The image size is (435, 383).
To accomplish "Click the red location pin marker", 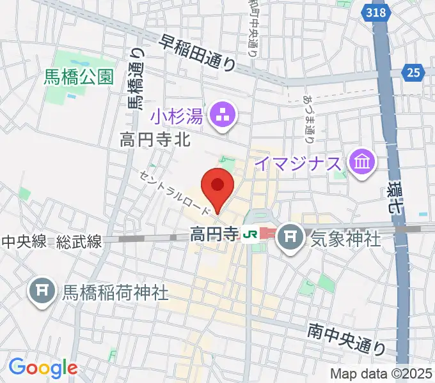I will [x=217, y=187].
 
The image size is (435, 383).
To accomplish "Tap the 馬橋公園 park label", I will [x=79, y=78].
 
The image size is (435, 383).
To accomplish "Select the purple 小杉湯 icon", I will [x=224, y=116].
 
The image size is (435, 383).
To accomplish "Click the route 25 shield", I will [x=413, y=73].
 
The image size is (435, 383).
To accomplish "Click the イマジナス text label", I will [x=298, y=163].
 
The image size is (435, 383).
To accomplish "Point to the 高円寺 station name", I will [x=214, y=236].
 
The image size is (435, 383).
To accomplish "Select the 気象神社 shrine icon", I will [x=292, y=238].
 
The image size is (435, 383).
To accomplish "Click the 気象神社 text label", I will [x=345, y=239].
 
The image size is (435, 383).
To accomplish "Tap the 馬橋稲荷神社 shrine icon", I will [x=42, y=292].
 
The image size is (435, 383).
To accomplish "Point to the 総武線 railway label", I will [x=79, y=242].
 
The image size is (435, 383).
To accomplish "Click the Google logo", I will [x=43, y=368].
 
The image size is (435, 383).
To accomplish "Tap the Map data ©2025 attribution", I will [x=381, y=374].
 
